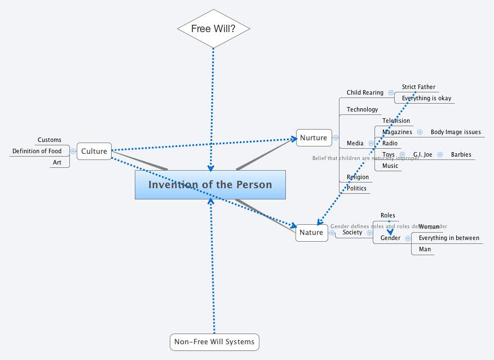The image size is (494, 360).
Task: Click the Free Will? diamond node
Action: [213, 28]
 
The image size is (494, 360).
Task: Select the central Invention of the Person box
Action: [210, 185]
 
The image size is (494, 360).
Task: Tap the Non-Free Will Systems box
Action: [214, 341]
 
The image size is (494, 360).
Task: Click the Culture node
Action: [94, 151]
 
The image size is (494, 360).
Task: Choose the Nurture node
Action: [314, 137]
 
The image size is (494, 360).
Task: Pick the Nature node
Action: [311, 232]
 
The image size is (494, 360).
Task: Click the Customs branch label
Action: [50, 140]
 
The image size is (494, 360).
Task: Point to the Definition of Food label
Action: [37, 151]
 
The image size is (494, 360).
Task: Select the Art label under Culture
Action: [57, 162]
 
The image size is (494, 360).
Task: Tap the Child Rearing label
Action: [365, 92]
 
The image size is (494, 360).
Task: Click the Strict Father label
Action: [418, 87]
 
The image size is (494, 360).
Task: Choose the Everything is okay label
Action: [426, 98]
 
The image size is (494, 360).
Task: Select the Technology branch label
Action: [362, 109]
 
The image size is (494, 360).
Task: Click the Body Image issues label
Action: [456, 132]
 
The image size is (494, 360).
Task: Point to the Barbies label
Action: [461, 154]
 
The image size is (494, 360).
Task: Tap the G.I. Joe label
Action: [422, 154]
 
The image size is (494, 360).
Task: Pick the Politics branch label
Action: [356, 188]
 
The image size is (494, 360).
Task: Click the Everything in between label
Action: [449, 238]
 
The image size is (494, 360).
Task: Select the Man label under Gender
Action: [425, 249]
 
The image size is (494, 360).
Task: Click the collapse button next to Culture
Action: [73, 151]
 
